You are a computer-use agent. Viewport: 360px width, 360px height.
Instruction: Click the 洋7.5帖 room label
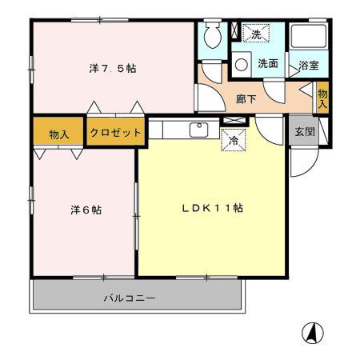[x=112, y=69]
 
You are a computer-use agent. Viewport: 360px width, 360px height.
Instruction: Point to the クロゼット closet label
[x=115, y=132]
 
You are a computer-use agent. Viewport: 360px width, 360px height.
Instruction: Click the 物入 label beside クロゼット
[x=58, y=134]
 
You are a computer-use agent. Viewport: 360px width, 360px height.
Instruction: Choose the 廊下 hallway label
[x=246, y=99]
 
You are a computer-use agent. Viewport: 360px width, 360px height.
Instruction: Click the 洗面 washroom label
[x=268, y=64]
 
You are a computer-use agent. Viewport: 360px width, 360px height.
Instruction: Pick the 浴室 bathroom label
[x=309, y=64]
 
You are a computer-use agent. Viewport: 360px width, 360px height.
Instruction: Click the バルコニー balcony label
[x=129, y=298]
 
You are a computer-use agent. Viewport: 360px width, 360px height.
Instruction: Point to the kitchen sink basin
[x=197, y=129]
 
